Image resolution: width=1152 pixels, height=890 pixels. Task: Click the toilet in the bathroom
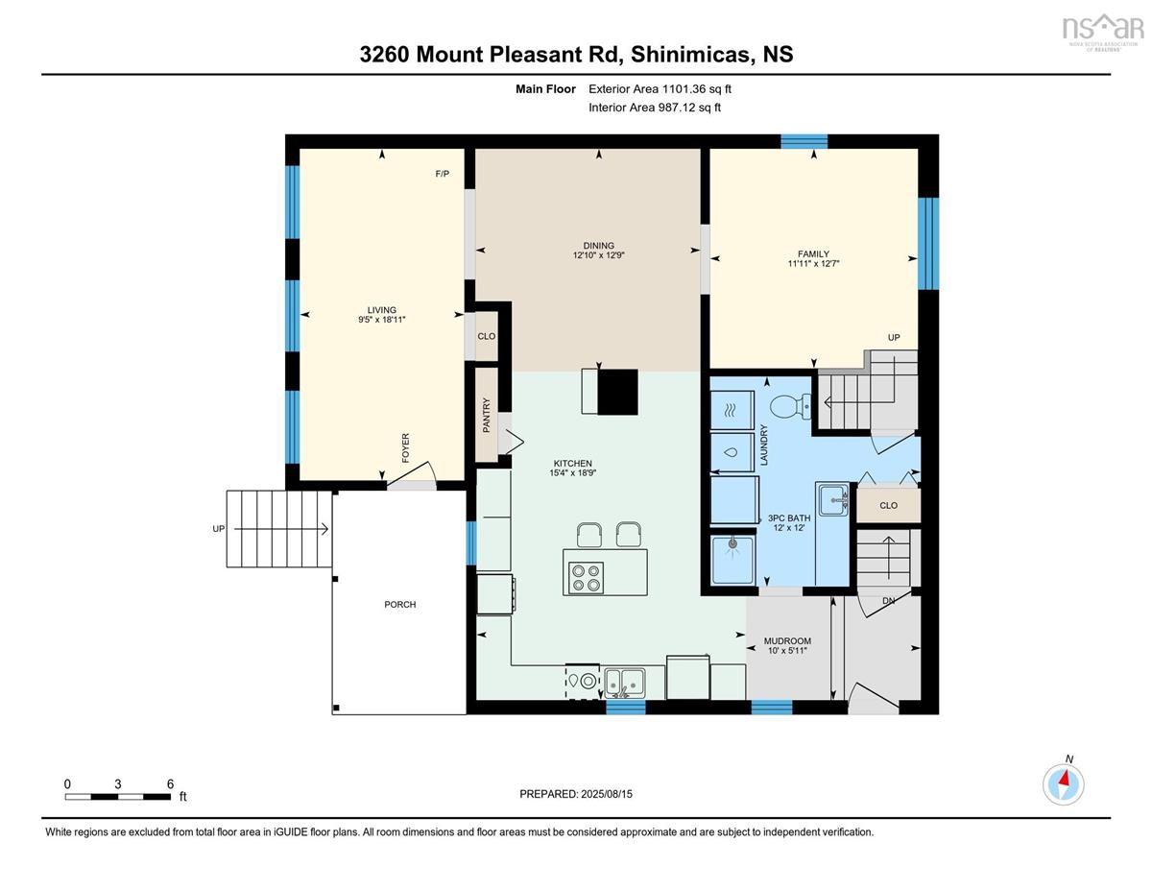(790, 406)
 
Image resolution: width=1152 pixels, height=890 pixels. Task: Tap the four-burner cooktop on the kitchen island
(586, 577)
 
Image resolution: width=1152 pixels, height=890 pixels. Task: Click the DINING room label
(598, 246)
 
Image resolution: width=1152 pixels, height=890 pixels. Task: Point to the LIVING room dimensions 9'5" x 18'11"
(382, 320)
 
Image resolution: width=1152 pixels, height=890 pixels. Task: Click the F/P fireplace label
(443, 174)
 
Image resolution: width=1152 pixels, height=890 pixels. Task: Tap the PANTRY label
(487, 415)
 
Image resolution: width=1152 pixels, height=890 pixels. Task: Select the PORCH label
(400, 604)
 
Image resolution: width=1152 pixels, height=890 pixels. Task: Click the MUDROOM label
(787, 641)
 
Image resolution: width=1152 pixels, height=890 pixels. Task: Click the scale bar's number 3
(118, 784)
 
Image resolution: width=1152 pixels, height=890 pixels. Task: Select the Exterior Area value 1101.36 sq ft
(694, 89)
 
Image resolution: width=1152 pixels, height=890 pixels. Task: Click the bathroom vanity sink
(833, 499)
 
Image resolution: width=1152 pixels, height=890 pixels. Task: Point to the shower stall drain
(732, 543)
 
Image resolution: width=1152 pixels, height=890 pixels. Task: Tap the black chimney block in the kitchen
(617, 392)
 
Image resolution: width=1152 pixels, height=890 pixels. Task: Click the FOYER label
(405, 448)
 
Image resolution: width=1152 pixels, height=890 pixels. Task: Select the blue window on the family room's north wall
(804, 141)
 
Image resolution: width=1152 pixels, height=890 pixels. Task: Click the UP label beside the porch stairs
(219, 528)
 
